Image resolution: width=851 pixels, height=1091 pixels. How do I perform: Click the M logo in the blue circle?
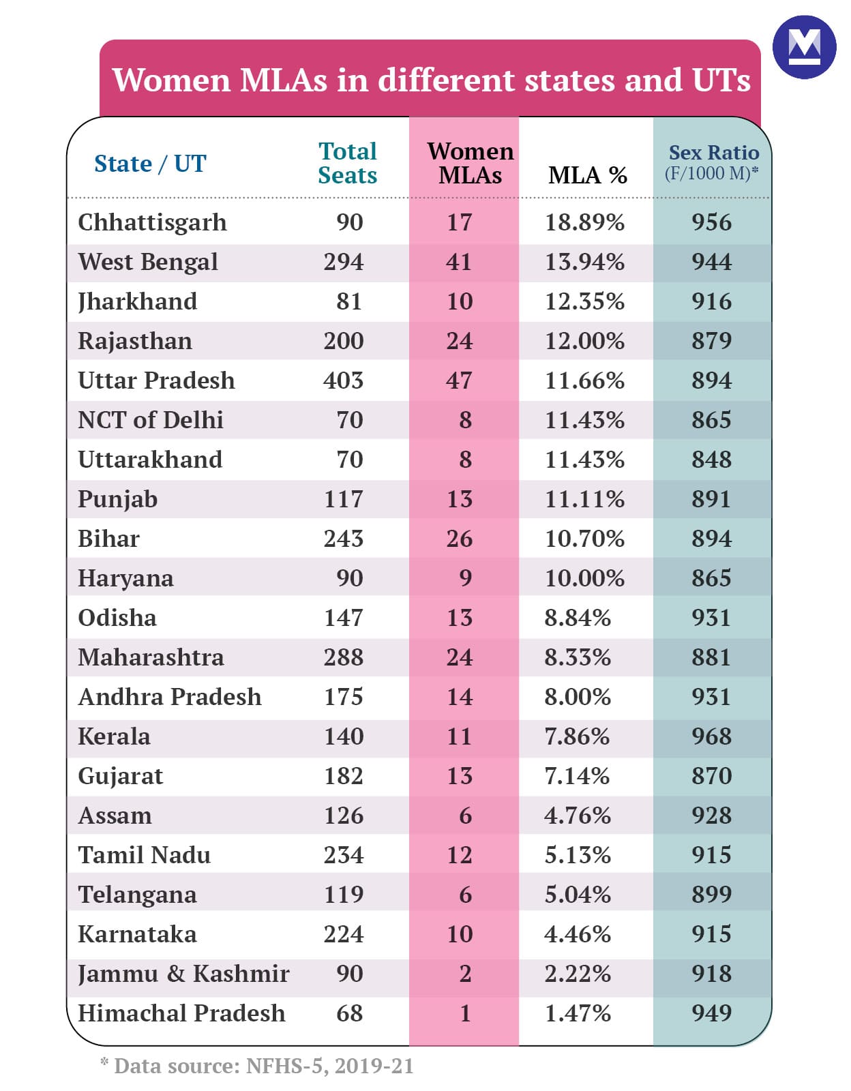(804, 47)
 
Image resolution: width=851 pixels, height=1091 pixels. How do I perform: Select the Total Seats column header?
(348, 163)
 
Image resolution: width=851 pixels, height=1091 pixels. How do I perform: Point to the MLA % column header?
(587, 175)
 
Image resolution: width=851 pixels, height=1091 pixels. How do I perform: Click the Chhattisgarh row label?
(152, 222)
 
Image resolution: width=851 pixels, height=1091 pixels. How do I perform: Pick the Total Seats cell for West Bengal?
(344, 262)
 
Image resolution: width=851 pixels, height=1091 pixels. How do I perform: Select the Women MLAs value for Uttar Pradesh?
(459, 380)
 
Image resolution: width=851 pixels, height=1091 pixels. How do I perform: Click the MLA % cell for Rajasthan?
(584, 341)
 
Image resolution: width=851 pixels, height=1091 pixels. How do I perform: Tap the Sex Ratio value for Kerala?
(711, 736)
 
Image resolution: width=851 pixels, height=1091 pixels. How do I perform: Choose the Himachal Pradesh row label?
(181, 1013)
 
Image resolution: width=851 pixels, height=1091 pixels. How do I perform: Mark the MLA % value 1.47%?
(577, 1013)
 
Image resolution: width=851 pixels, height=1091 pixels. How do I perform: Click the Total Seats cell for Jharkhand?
(349, 301)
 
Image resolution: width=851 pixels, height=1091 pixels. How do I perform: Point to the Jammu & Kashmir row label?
(183, 974)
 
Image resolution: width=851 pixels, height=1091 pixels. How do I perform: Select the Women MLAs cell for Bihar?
(459, 539)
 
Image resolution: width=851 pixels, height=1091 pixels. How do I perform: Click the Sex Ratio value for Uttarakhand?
(711, 460)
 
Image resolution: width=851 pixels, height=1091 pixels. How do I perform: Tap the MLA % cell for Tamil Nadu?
(577, 855)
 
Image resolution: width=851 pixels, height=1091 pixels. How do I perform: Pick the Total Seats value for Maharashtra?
(344, 657)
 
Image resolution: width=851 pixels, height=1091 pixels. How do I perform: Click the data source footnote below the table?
(257, 1066)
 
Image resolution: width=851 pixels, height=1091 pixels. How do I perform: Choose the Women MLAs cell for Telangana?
(465, 895)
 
